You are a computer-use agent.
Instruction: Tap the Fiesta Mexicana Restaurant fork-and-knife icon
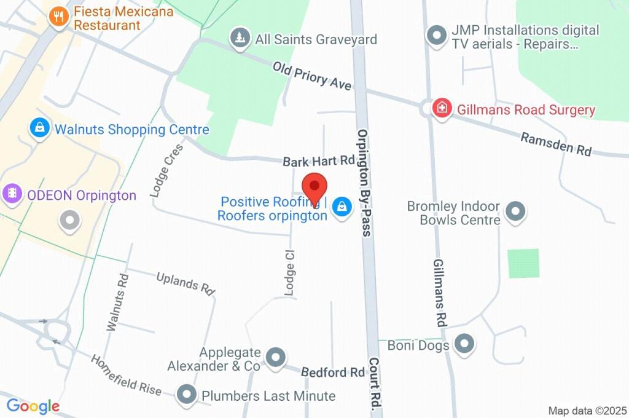tap(59, 17)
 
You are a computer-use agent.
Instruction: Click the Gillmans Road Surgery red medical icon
tap(441, 109)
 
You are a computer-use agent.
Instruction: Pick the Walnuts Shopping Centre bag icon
tap(40, 128)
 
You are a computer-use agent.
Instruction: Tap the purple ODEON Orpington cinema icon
tap(12, 195)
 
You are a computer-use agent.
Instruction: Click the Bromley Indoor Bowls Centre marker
tap(515, 213)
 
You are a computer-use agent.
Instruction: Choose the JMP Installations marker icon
tap(437, 36)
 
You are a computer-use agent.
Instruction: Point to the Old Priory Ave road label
tap(313, 75)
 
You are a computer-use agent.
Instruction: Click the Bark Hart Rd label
tap(319, 162)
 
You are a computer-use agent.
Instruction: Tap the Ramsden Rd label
tap(556, 144)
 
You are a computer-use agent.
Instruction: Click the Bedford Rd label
tap(333, 372)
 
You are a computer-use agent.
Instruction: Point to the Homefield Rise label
tap(126, 374)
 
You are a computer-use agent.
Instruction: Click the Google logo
tap(33, 406)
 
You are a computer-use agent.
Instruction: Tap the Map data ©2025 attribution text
tap(587, 411)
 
